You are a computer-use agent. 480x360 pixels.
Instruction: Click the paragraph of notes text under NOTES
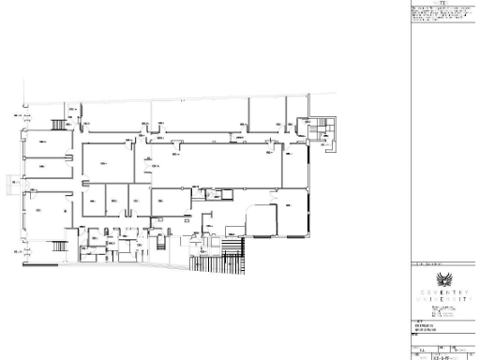coord(443,16)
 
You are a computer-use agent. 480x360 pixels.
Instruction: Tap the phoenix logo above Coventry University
coord(444,280)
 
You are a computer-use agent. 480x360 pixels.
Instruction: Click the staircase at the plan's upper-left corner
coord(60,125)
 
